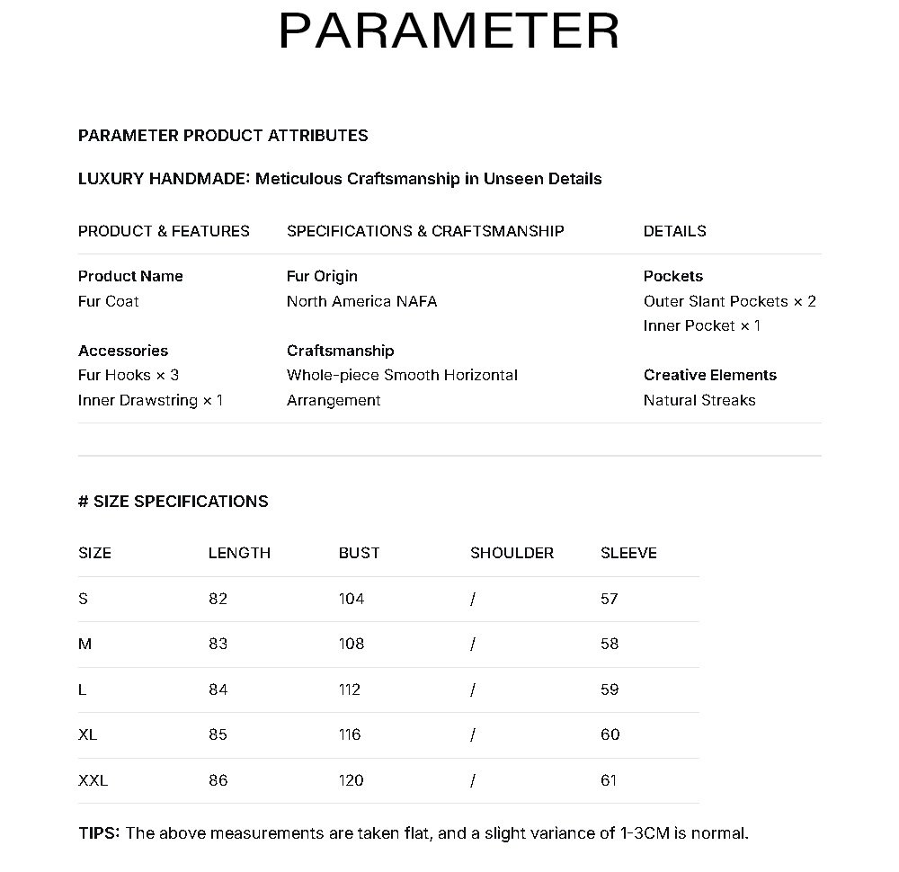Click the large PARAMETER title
point(449,31)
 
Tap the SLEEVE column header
point(628,553)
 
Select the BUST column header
point(359,553)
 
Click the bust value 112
point(350,690)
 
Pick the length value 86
point(218,780)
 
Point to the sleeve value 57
point(610,599)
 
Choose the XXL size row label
point(93,780)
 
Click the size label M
point(85,644)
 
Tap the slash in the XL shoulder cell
point(472,734)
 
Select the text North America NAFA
point(361,301)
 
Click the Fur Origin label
point(322,276)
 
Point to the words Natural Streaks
point(699,400)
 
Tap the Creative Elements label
point(709,375)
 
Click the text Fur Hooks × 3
point(129,375)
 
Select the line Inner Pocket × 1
point(701,325)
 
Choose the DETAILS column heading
point(674,231)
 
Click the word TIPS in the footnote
point(98,833)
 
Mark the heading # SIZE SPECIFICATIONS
point(173,502)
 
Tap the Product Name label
point(130,276)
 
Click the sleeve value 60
point(610,734)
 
